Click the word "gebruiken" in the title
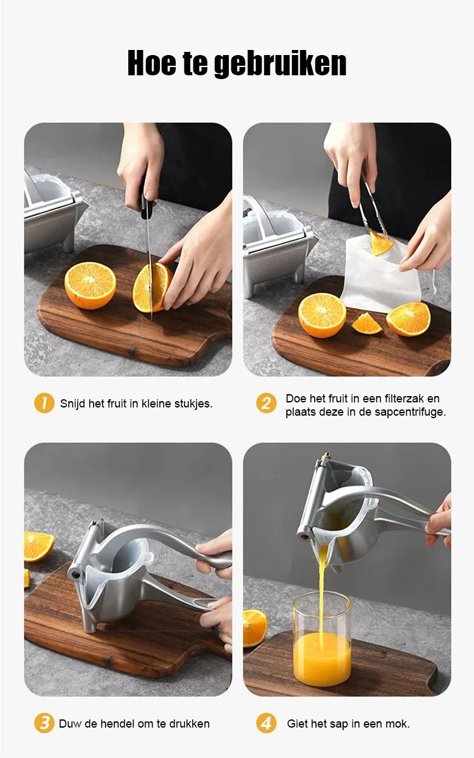tap(280, 64)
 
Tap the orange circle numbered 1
tap(44, 403)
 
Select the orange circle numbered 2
tap(266, 403)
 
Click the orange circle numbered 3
tap(44, 723)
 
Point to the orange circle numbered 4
tap(266, 723)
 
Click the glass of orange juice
tap(322, 638)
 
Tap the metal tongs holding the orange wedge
tap(372, 208)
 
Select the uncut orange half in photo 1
tap(90, 285)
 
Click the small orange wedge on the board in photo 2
tap(367, 323)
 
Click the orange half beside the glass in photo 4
tap(254, 628)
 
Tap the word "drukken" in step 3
tap(190, 724)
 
